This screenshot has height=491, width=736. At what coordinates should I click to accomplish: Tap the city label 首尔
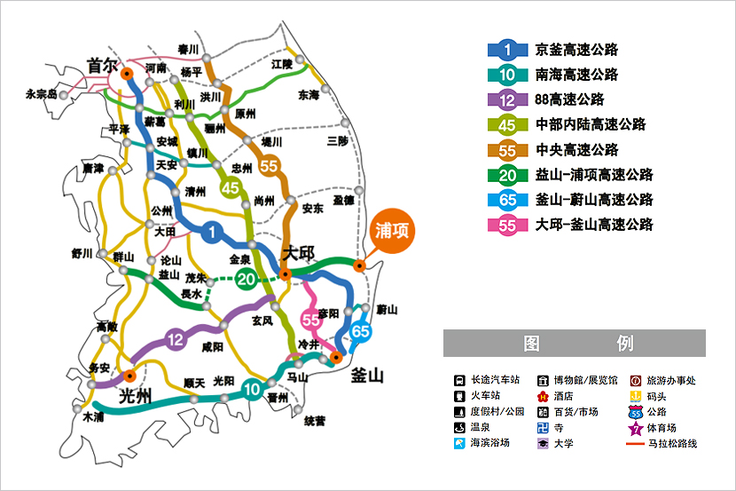pyautogui.click(x=102, y=64)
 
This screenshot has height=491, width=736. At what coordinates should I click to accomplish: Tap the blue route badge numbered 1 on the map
pyautogui.click(x=212, y=233)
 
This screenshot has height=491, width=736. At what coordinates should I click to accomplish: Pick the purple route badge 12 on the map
pyautogui.click(x=176, y=337)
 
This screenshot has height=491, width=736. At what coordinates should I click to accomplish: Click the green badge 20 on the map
pyautogui.click(x=247, y=280)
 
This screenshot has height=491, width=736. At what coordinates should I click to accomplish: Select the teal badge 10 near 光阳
pyautogui.click(x=253, y=387)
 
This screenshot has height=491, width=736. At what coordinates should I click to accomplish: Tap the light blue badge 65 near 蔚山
pyautogui.click(x=359, y=330)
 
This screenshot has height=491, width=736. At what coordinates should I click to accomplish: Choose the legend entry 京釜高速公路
pyautogui.click(x=577, y=50)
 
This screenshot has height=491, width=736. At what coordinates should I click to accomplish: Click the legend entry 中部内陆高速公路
pyautogui.click(x=591, y=124)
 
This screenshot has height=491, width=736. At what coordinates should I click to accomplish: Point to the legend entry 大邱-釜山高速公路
pyautogui.click(x=594, y=225)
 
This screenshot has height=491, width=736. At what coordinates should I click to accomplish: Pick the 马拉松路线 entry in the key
pyautogui.click(x=671, y=443)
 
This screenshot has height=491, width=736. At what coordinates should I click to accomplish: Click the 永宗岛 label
pyautogui.click(x=41, y=93)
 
